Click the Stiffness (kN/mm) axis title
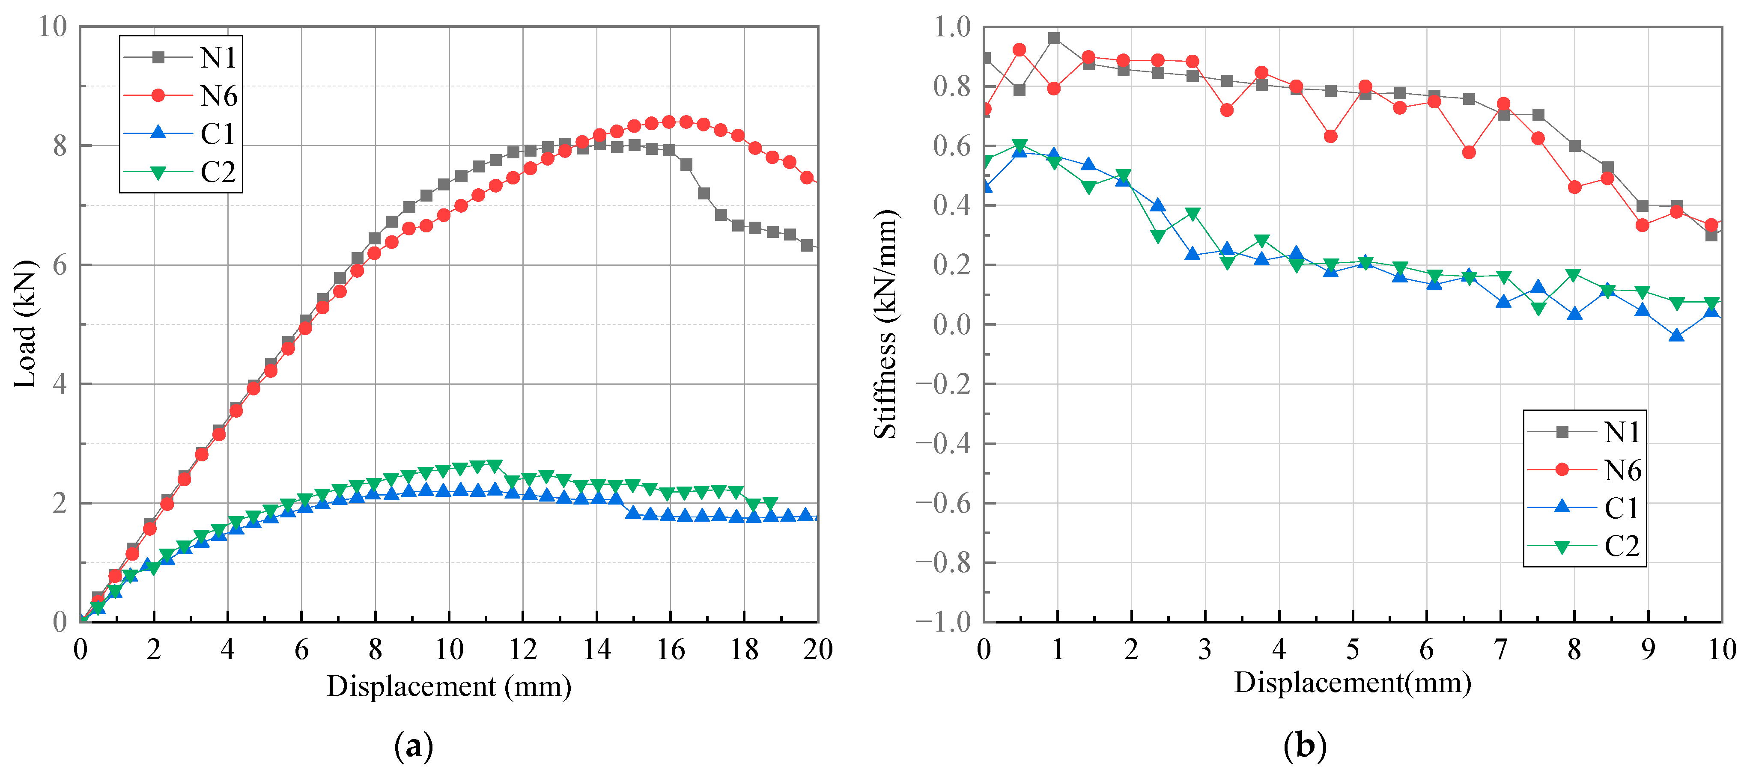(885, 324)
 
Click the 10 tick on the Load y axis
(53, 27)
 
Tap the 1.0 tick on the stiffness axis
(952, 27)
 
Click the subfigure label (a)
(413, 746)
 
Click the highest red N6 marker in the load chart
(669, 122)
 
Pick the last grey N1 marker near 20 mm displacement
(806, 246)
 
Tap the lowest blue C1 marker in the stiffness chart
(1676, 336)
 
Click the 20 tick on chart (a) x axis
(817, 650)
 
